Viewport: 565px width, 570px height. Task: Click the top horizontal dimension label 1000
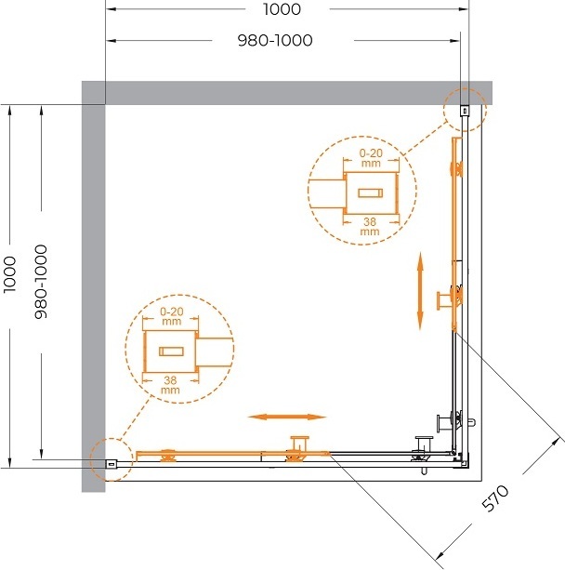click(x=282, y=9)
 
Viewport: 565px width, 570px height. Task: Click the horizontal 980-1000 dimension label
click(x=275, y=40)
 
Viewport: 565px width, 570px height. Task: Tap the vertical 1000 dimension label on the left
click(x=10, y=274)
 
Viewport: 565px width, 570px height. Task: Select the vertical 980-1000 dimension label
click(x=41, y=282)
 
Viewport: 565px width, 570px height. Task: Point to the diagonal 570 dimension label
click(x=495, y=498)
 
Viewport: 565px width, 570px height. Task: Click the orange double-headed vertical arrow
click(x=420, y=290)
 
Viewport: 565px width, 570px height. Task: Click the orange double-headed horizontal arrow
click(x=287, y=417)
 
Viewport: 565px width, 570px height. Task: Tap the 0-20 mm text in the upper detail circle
click(x=371, y=158)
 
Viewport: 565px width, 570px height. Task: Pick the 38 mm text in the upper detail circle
click(x=370, y=226)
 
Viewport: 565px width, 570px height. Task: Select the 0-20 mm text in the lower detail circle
click(x=172, y=316)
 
